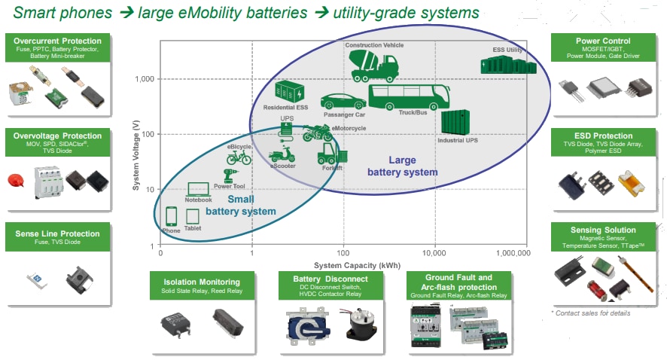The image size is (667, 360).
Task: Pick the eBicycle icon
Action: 239,157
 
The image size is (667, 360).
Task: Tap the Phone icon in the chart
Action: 171,216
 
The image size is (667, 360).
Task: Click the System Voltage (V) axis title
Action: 136,151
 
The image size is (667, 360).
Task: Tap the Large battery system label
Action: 402,166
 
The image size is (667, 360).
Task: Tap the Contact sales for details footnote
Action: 591,313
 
